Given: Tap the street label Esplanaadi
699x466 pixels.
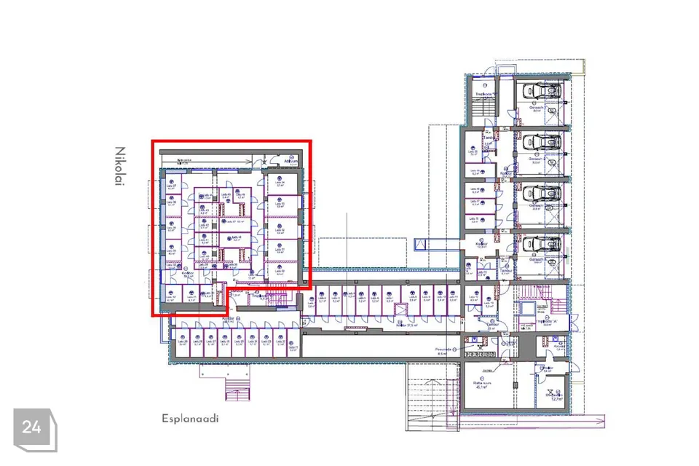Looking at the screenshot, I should [190, 419].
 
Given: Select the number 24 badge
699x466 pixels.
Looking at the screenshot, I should [32, 428].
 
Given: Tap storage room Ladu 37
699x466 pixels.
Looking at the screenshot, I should [172, 186].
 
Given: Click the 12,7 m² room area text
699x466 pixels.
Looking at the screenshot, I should [557, 398].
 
